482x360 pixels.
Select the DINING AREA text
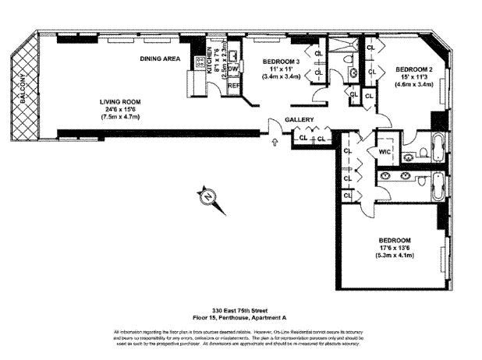(x=161, y=59)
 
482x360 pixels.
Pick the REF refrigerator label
(x=232, y=84)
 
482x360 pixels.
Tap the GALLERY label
(x=299, y=119)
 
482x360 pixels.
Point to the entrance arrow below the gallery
(x=274, y=142)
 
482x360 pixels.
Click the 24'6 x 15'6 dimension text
(x=120, y=109)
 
